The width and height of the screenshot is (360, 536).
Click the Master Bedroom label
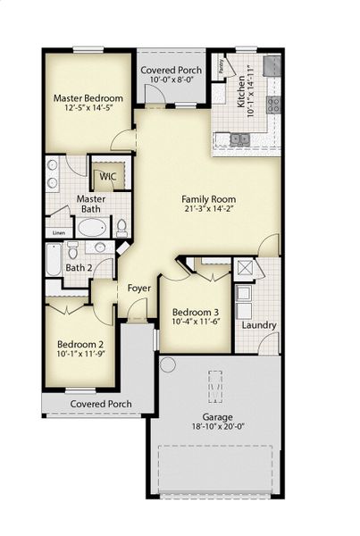[88, 98]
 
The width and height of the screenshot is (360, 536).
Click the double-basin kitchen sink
[239, 138]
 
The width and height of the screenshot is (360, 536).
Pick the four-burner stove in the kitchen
[273, 105]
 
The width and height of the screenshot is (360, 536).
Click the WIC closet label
[108, 177]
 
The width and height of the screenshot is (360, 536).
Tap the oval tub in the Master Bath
[91, 227]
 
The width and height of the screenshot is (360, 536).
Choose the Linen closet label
[59, 233]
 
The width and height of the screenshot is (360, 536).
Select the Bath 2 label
[79, 267]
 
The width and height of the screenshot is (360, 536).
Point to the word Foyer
[139, 289]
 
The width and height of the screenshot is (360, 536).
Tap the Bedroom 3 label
[195, 313]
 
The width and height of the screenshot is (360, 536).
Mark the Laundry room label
[258, 325]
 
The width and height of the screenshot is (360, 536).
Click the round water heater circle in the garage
[167, 364]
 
